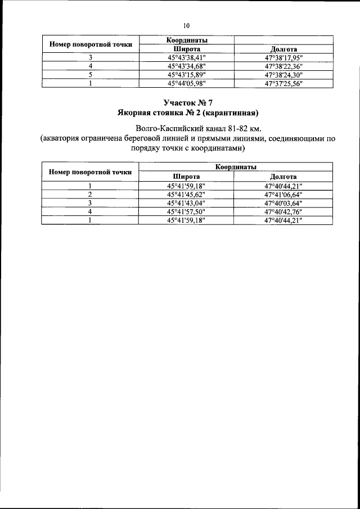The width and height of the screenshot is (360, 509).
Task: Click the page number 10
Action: [x=186, y=25]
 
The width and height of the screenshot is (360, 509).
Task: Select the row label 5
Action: [x=90, y=74]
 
